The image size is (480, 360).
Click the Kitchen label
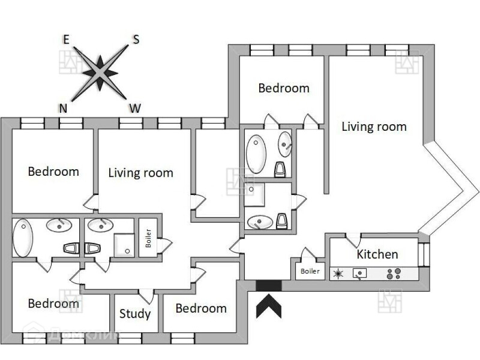click(x=377, y=254)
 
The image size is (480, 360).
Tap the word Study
click(x=134, y=313)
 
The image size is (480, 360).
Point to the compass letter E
click(x=67, y=40)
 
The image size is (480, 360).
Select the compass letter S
click(x=136, y=40)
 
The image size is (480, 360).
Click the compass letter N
click(x=62, y=108)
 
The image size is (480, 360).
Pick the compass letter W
click(x=135, y=108)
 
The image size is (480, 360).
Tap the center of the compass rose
click(x=100, y=73)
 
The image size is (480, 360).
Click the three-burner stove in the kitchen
click(x=394, y=274)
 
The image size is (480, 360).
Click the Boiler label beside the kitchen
click(x=310, y=271)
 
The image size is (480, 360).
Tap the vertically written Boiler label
click(x=148, y=239)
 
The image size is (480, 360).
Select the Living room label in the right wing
click(x=374, y=127)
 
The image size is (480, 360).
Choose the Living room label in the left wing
click(x=140, y=173)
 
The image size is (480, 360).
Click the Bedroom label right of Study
click(x=201, y=308)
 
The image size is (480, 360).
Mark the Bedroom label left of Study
click(x=53, y=304)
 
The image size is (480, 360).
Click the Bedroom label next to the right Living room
click(x=284, y=88)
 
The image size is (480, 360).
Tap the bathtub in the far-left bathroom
click(x=22, y=238)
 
